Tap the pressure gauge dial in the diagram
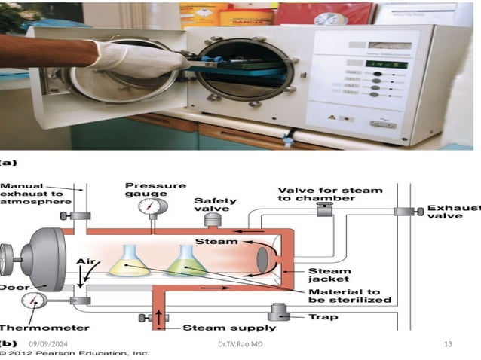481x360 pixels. [154, 206]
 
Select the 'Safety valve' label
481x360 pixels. [215, 205]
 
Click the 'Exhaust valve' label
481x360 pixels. [453, 212]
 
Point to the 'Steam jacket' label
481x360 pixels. [329, 276]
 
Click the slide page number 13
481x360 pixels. [448, 344]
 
